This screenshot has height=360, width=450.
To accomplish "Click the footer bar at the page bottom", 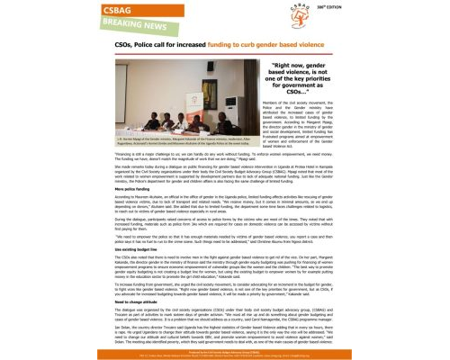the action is (x=224, y=346).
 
